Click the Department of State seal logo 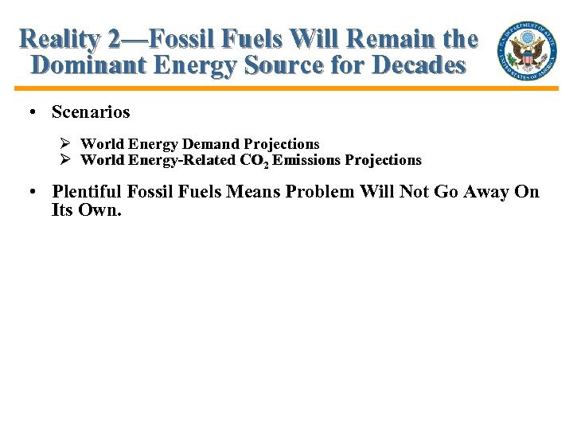coord(526,49)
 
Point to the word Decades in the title coord(419,65)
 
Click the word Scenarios coord(91,112)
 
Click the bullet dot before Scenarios coord(31,112)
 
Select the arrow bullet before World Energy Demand coord(67,144)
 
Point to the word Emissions coord(306,160)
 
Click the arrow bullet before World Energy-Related coord(67,160)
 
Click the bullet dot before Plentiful coord(31,192)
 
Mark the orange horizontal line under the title coord(286,88)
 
